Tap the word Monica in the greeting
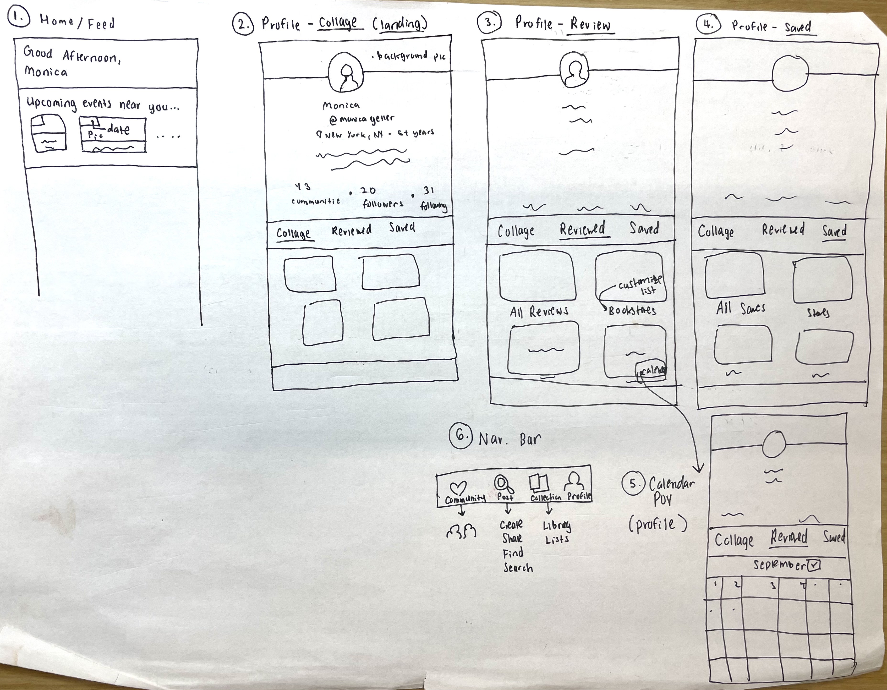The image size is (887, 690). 45,72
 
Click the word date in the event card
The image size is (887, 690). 119,130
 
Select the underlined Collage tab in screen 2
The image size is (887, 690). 293,233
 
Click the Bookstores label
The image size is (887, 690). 632,310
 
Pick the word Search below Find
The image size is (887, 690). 518,567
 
